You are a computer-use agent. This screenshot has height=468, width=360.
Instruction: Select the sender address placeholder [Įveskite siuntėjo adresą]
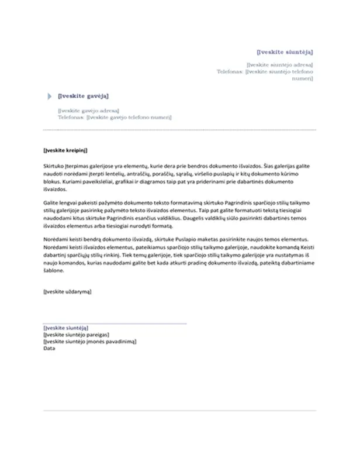pyautogui.click(x=279, y=64)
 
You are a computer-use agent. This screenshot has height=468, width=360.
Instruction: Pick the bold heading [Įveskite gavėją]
pyautogui.click(x=83, y=96)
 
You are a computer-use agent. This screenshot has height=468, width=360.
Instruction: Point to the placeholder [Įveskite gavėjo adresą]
pyautogui.click(x=88, y=110)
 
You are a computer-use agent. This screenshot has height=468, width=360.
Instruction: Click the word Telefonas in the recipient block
pyautogui.click(x=71, y=117)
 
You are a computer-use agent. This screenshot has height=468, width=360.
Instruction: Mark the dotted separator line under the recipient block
pyautogui.click(x=179, y=130)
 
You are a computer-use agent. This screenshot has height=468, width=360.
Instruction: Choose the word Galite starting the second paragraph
pyautogui.click(x=51, y=202)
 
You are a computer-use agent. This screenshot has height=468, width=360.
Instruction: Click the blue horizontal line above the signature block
pyautogui.click(x=115, y=323)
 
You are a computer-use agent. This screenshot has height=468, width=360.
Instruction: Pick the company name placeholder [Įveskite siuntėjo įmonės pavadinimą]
pyautogui.click(x=90, y=342)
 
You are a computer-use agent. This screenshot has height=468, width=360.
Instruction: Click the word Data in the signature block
pyautogui.click(x=49, y=349)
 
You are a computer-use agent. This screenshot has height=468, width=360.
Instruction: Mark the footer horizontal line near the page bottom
pyautogui.click(x=179, y=410)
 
